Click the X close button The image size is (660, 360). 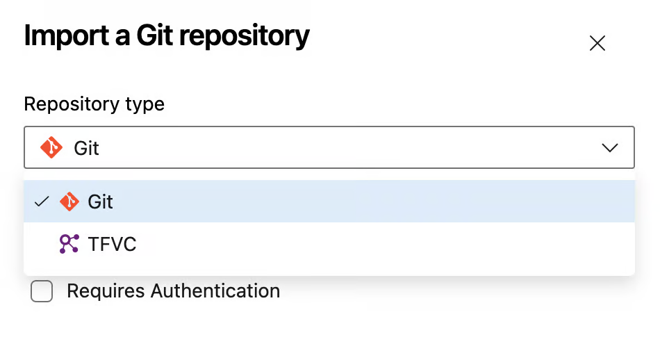(x=597, y=43)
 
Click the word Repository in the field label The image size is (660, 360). (x=71, y=104)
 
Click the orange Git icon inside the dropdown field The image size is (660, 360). (x=51, y=147)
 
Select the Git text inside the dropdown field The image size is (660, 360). (x=87, y=148)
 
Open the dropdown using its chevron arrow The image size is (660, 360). (x=610, y=147)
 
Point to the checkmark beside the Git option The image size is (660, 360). (x=42, y=202)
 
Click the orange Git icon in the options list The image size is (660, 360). (x=69, y=202)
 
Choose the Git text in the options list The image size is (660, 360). (x=101, y=202)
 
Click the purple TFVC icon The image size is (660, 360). (x=69, y=243)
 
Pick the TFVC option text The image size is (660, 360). (x=112, y=244)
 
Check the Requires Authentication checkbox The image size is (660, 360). (x=42, y=291)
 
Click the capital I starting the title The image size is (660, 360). (x=27, y=36)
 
